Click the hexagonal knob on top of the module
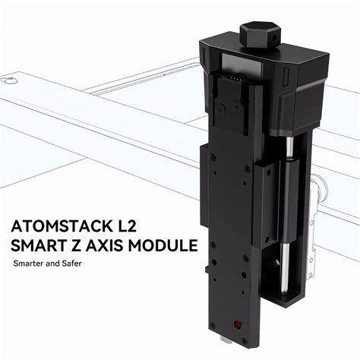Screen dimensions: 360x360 tap(257, 33)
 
